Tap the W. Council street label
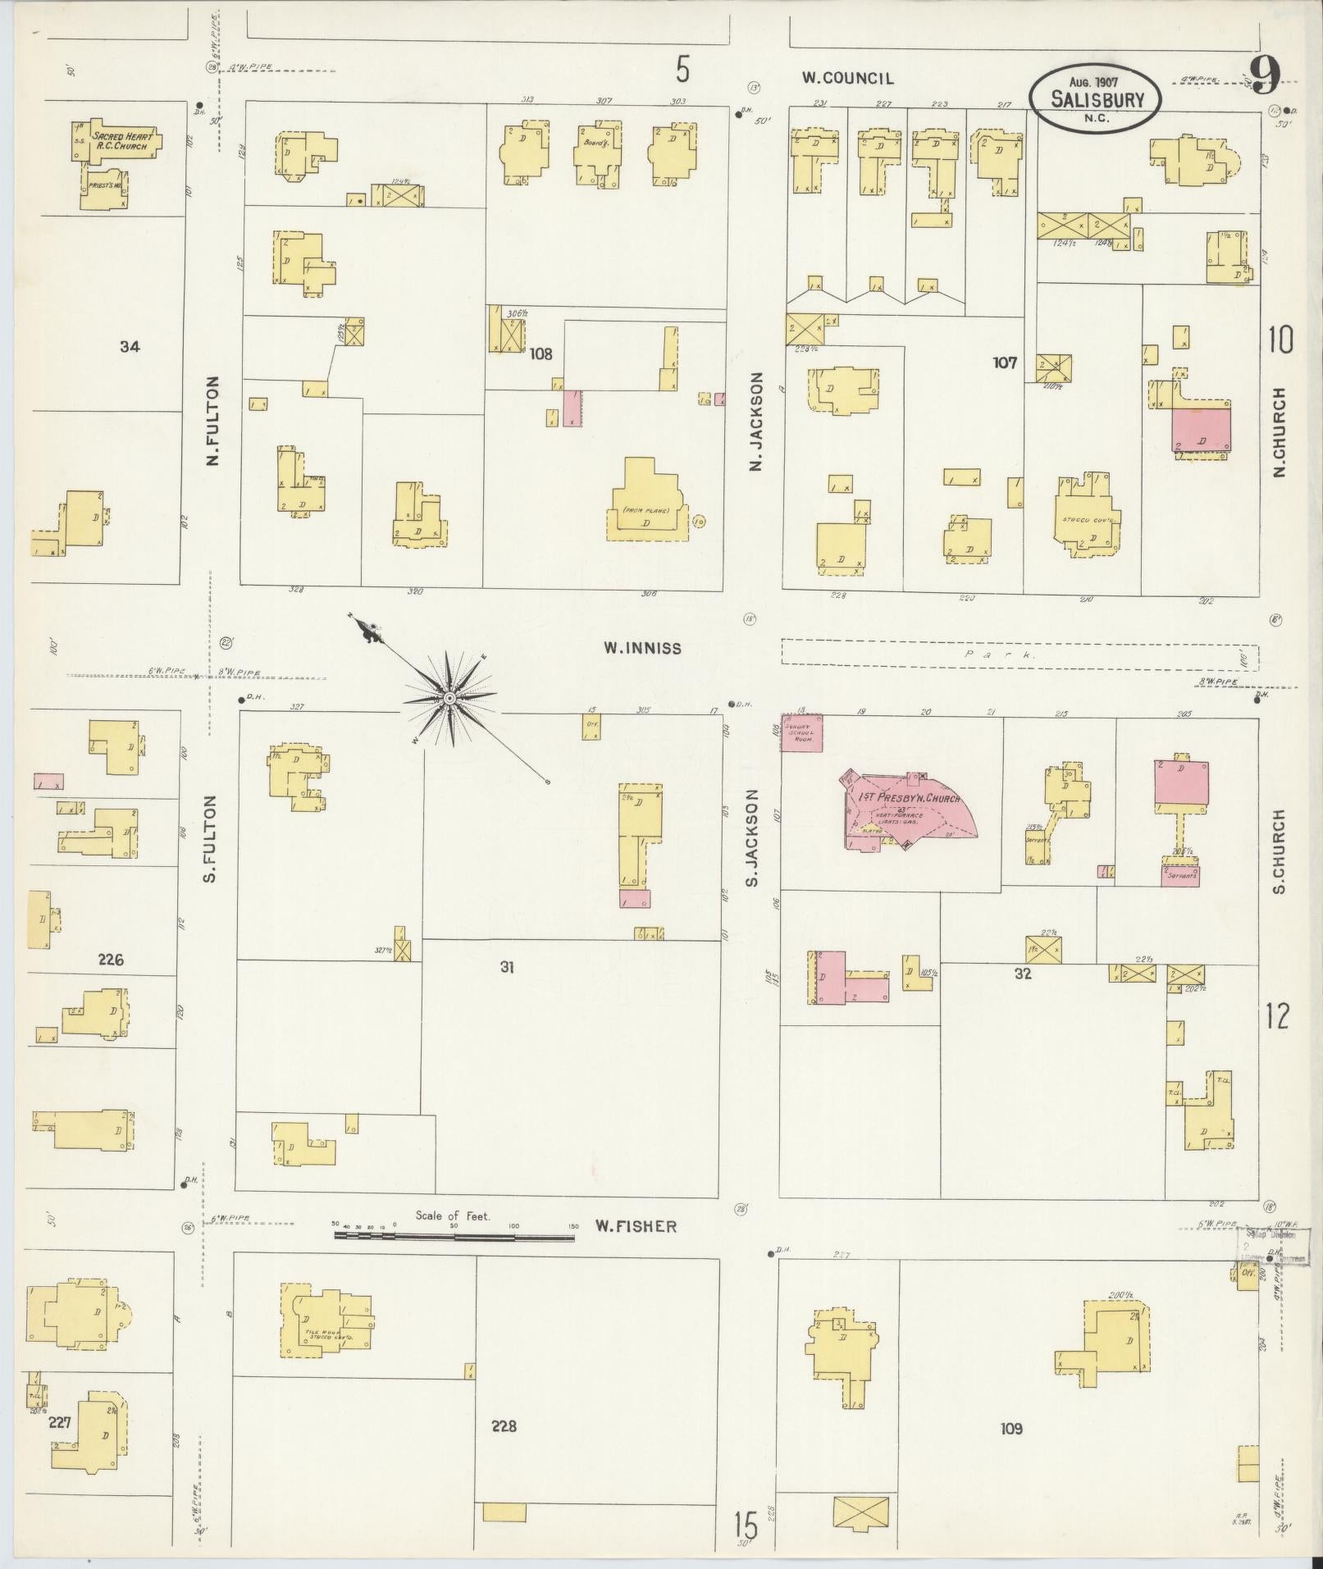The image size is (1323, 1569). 847,79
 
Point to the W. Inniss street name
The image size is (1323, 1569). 642,648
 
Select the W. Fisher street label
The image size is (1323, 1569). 636,1226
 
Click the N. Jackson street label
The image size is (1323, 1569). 756,422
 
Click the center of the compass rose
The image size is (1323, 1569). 449,698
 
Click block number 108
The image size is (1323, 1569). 541,354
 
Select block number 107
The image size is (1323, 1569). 1004,362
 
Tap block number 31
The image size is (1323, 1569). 507,968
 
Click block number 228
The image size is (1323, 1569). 504,1425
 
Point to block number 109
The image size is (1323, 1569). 1011,1428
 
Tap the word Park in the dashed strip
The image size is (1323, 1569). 1001,655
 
